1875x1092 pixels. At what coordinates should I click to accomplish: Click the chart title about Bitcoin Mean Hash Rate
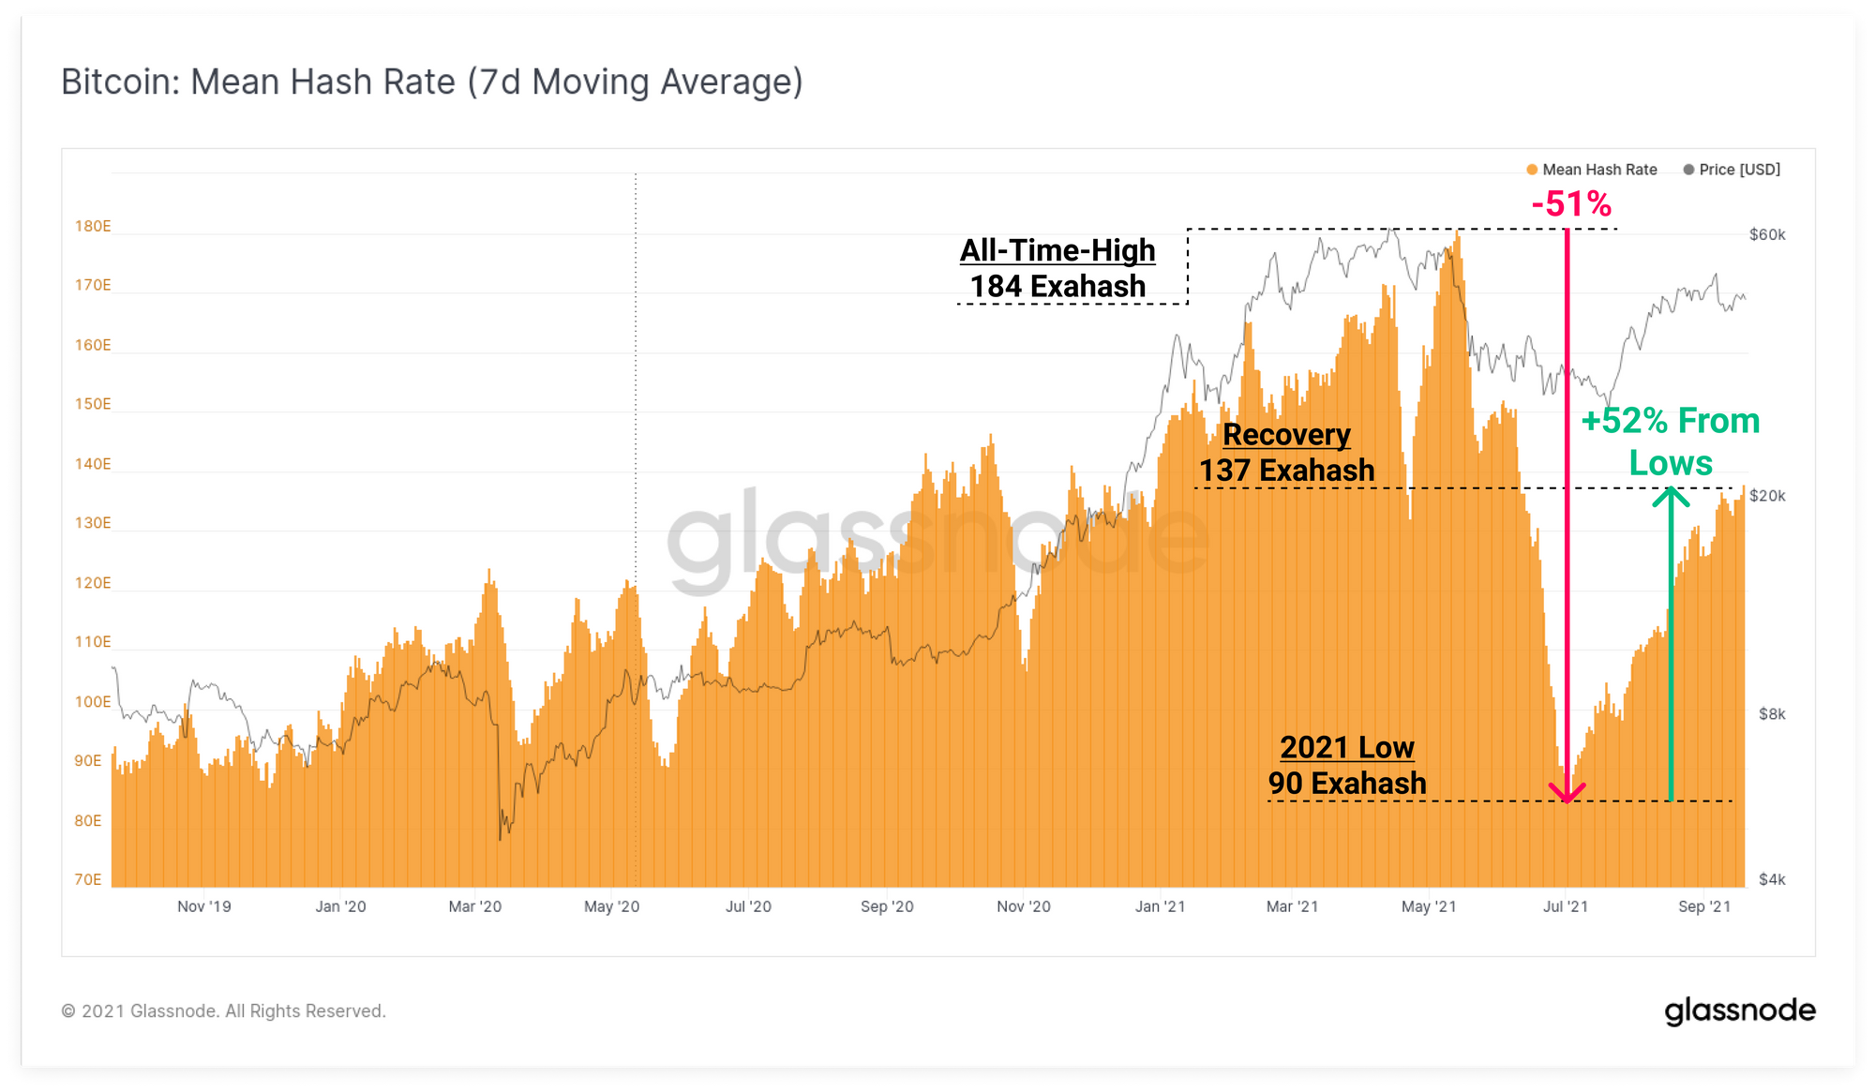[x=431, y=82]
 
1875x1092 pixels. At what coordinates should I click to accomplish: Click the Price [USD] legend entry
[x=1732, y=170]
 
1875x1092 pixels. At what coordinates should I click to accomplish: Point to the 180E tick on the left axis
[x=93, y=226]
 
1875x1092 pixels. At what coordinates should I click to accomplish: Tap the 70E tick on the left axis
[x=88, y=879]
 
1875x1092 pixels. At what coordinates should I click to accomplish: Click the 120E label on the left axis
[x=93, y=583]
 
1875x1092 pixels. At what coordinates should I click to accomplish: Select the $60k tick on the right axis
[x=1767, y=234]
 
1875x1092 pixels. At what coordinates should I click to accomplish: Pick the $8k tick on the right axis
[x=1772, y=714]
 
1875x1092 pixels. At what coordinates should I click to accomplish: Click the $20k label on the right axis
[x=1767, y=496]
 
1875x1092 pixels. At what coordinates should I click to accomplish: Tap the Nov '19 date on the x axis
[x=203, y=906]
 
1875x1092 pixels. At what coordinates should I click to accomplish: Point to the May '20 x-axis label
[x=611, y=906]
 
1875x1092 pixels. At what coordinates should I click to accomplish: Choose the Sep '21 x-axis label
[x=1704, y=906]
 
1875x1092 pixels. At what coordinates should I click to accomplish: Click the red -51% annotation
[x=1571, y=203]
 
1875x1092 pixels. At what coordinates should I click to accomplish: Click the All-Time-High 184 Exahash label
[x=1057, y=268]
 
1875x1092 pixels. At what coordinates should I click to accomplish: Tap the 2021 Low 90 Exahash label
[x=1347, y=765]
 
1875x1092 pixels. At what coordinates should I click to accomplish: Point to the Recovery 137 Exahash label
[x=1286, y=452]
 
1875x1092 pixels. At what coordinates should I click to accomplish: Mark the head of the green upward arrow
[x=1671, y=492]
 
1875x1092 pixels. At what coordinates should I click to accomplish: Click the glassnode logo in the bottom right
[x=1740, y=1011]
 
